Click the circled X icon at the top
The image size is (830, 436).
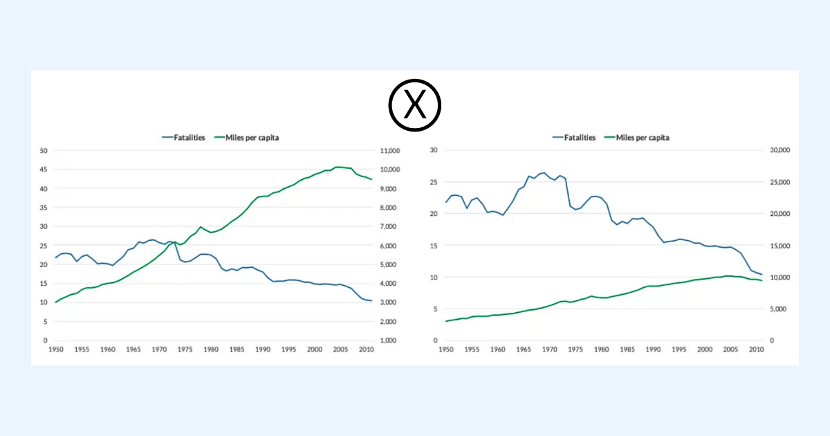[x=414, y=105]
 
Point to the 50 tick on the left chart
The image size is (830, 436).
[x=44, y=151]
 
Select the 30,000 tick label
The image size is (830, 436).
[x=780, y=150]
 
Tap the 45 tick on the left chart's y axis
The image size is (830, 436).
[x=44, y=170]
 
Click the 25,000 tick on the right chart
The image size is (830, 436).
[x=780, y=182]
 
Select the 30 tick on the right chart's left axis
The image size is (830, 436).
[x=434, y=150]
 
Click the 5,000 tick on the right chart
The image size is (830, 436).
[x=777, y=309]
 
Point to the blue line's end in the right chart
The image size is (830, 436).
[x=762, y=275]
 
